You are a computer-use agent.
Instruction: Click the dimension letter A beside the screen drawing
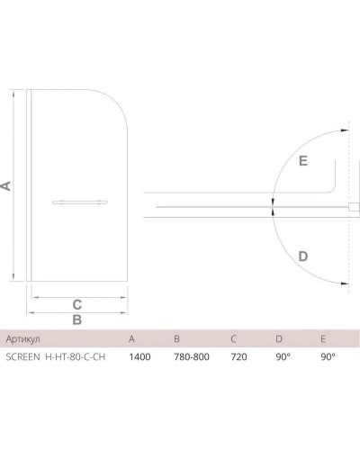click(x=6, y=185)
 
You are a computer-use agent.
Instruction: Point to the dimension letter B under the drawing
click(x=77, y=319)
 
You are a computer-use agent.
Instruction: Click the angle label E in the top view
click(x=302, y=161)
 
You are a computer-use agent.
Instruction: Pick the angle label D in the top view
click(x=303, y=256)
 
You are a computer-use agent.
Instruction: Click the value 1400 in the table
click(x=139, y=356)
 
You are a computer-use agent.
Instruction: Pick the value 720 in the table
click(x=238, y=356)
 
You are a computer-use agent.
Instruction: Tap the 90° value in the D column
click(x=283, y=356)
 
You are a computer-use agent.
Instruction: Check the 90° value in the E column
click(x=327, y=356)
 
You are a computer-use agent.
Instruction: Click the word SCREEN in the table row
click(x=22, y=356)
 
